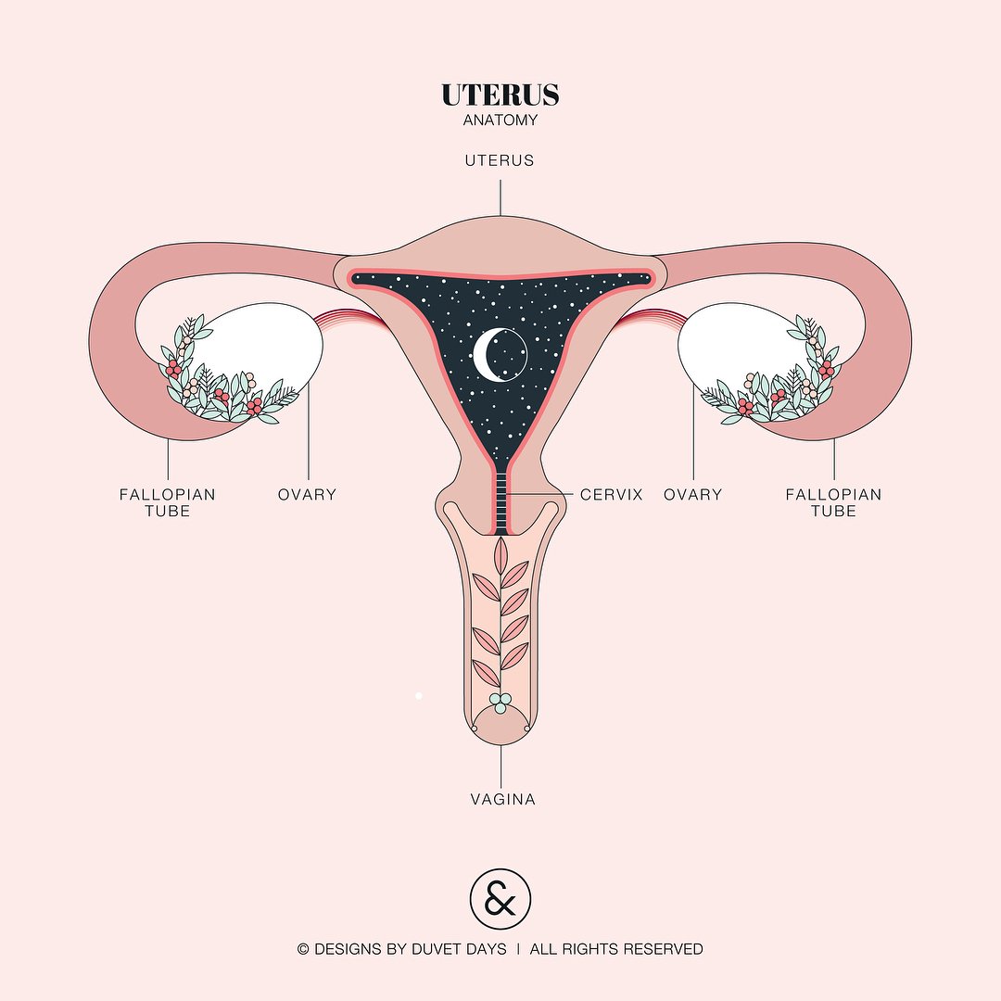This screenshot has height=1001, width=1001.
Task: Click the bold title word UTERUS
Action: point(500,95)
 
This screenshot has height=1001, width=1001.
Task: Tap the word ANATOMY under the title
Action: point(500,120)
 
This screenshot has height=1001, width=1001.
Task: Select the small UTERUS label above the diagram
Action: point(500,160)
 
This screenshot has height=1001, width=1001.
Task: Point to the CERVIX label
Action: point(611,495)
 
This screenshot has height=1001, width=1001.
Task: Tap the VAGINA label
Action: point(502,799)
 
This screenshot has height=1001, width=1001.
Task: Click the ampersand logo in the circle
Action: point(500,899)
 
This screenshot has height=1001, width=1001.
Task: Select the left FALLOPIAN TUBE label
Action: point(167,502)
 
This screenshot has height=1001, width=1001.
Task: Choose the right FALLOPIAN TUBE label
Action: point(833,502)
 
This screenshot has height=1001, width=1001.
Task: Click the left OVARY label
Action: point(307,495)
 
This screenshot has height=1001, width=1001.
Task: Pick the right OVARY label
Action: point(692,495)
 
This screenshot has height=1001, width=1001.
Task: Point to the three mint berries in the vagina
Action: point(500,703)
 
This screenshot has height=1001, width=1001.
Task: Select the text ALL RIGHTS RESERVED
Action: point(616,949)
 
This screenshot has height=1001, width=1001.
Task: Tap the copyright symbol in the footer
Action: point(303,950)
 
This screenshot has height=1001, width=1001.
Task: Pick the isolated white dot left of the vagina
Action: point(419,696)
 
